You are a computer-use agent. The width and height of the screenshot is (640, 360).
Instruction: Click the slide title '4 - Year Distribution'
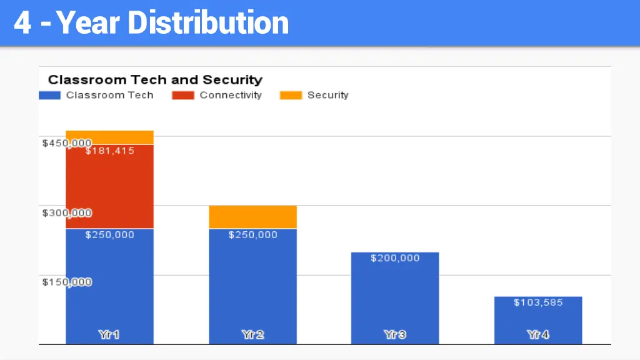coord(151,23)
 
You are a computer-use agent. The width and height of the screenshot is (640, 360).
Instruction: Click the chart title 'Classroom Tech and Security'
coord(155,80)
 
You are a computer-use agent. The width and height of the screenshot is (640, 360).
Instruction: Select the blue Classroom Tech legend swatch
coord(50,96)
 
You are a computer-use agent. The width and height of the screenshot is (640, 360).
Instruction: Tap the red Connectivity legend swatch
coord(183,96)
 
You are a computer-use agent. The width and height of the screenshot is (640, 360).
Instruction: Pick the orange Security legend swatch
coord(291,96)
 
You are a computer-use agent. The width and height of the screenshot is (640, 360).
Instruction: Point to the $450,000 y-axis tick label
coord(67,143)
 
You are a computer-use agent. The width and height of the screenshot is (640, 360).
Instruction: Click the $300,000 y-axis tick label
coord(67,213)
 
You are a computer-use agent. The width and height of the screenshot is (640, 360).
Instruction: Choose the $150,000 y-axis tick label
coord(67,282)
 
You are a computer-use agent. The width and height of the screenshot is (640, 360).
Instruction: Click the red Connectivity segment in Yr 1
coord(109,187)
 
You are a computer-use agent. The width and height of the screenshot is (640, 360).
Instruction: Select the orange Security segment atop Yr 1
coord(109,137)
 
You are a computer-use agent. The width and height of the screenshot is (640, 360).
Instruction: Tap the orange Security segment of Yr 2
coord(252,217)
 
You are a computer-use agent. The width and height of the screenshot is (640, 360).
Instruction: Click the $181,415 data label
coord(109,151)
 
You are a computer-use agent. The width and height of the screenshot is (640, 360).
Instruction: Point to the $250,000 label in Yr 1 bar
coord(109,235)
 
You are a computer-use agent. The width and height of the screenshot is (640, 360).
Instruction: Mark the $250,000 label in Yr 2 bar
coord(252,235)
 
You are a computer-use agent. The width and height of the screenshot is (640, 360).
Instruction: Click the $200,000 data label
coord(395,258)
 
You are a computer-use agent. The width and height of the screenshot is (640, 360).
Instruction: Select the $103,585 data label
coord(538,302)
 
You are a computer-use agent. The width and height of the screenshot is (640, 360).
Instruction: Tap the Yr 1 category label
coord(109,335)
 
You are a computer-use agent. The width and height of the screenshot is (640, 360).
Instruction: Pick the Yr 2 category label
coord(252,335)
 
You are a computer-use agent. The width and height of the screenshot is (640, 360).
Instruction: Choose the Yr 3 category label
coord(395,335)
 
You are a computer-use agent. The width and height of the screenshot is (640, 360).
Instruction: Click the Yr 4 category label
coord(538,335)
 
